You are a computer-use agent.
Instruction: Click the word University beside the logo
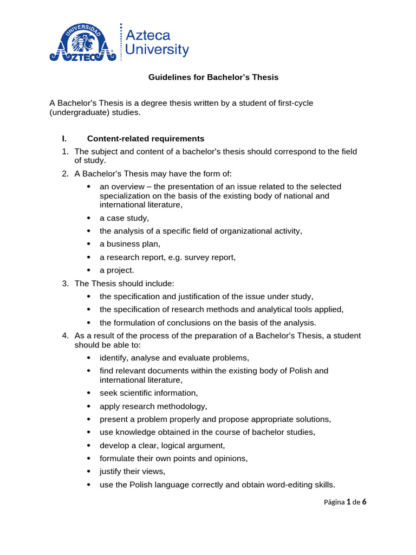pyautogui.click(x=157, y=50)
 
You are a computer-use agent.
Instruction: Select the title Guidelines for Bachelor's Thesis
pyautogui.click(x=213, y=78)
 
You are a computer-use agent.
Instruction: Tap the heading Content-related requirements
pyautogui.click(x=146, y=138)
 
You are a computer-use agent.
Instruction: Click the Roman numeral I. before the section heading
pyautogui.click(x=64, y=138)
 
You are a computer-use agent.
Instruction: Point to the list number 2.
pyautogui.click(x=65, y=173)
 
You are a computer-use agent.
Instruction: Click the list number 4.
pyautogui.click(x=65, y=336)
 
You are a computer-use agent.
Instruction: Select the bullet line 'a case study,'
pyautogui.click(x=124, y=218)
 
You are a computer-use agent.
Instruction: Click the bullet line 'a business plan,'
pyautogui.click(x=130, y=244)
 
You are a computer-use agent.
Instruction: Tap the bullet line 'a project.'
pyautogui.click(x=116, y=270)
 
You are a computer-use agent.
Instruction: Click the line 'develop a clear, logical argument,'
pyautogui.click(x=162, y=446)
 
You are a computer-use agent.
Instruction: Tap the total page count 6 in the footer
pyautogui.click(x=364, y=502)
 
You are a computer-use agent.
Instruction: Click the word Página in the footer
pyautogui.click(x=334, y=502)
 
